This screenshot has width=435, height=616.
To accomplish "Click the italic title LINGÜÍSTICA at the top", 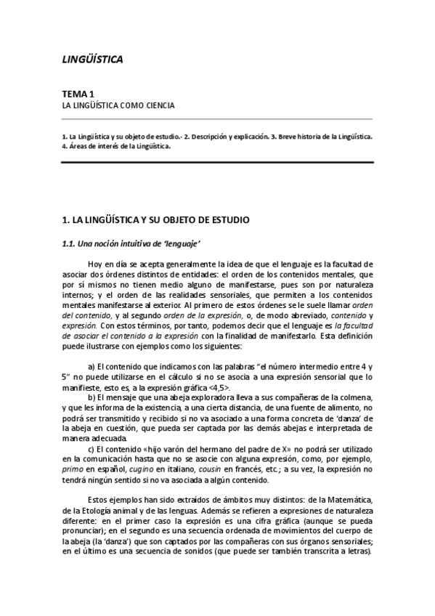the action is click(x=92, y=59).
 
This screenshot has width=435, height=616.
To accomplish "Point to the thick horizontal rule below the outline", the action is click(x=217, y=162).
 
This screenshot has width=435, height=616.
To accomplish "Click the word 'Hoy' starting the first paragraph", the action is click(x=95, y=263).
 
